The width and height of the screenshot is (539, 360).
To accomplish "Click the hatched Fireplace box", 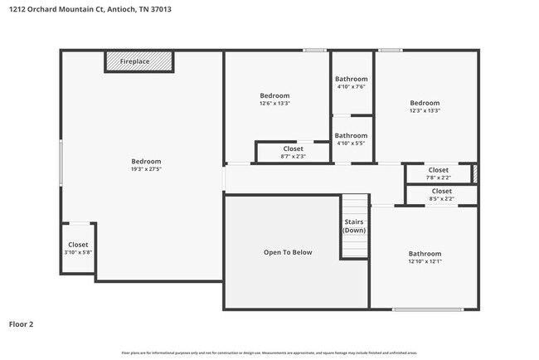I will [139, 62].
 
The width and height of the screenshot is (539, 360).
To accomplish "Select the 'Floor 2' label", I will [22, 324].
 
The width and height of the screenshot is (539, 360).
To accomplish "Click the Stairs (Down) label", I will [355, 226].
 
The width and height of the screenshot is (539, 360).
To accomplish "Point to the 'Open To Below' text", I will [288, 252].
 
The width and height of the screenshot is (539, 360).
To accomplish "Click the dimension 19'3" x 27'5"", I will [146, 169].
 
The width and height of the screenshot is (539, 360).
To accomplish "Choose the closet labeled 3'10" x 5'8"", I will [78, 249].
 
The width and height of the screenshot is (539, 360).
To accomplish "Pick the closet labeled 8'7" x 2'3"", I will [293, 153].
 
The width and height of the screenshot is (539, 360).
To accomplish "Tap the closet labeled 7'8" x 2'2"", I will [438, 173].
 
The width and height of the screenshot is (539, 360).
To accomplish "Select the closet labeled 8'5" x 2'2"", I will [441, 195].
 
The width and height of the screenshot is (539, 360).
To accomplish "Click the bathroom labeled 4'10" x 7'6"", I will [351, 83].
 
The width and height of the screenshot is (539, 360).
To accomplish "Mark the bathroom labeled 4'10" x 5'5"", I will [351, 139].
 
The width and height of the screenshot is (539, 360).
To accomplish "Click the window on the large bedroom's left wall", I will [61, 161].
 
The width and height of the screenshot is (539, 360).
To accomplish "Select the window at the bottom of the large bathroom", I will [427, 309].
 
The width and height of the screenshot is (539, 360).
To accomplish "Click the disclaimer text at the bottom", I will [269, 352].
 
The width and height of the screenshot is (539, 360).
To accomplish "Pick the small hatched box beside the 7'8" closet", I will [475, 173].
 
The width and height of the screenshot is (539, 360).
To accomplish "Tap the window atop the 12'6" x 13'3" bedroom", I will [313, 51].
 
